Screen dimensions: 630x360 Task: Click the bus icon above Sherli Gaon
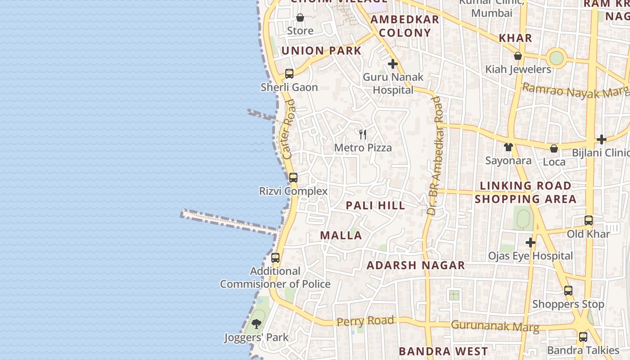pos(289,73)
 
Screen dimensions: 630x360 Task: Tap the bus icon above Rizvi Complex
pos(293,177)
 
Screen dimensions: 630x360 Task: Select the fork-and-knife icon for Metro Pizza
pos(363,134)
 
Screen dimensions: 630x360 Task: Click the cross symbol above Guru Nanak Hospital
pos(393,64)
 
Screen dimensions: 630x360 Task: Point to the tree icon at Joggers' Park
pos(256,324)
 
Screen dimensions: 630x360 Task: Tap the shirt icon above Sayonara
pos(508,147)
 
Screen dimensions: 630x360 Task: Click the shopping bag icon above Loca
pos(554,148)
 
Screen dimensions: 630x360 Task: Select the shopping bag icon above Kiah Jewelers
pos(518,56)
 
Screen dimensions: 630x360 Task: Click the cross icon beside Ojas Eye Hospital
pos(531,243)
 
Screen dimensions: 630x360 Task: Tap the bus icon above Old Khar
pos(589,220)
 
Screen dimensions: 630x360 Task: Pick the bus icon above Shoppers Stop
pos(568,290)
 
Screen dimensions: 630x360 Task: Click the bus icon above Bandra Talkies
pos(583,337)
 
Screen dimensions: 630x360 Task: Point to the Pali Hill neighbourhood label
pos(375,206)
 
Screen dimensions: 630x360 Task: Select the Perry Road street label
pos(365,321)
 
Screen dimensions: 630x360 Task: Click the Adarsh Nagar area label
pos(416,265)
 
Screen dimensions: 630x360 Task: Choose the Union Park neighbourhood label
pos(321,50)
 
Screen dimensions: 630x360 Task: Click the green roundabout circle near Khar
pos(557,58)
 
